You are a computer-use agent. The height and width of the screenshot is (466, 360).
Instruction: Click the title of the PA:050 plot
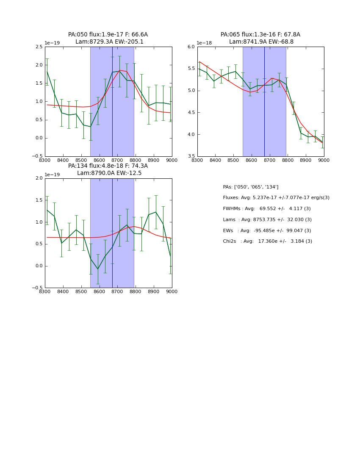(x=108, y=38)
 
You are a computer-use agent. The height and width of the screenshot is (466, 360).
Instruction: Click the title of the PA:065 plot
(x=260, y=38)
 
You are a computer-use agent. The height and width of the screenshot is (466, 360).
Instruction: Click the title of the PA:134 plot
(x=108, y=169)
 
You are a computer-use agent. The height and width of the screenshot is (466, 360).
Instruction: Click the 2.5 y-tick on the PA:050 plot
(x=39, y=47)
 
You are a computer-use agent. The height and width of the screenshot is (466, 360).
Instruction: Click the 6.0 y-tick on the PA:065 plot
(x=191, y=47)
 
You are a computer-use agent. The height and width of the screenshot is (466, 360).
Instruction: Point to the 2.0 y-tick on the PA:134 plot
(x=39, y=178)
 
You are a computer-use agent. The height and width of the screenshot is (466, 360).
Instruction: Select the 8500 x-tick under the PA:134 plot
(x=81, y=291)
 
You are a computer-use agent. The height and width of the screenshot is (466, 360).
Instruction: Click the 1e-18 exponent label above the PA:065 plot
(x=204, y=43)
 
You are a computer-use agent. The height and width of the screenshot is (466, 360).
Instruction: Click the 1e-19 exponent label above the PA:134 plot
(x=52, y=175)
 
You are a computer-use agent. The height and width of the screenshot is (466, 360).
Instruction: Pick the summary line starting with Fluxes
(x=276, y=198)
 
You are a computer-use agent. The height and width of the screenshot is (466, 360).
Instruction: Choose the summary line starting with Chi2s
(x=268, y=241)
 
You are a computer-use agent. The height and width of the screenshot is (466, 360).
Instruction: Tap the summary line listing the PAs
(x=251, y=187)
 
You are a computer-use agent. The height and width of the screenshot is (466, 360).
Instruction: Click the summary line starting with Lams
(x=267, y=220)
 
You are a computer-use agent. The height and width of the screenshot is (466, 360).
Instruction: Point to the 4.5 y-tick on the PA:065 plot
(x=191, y=113)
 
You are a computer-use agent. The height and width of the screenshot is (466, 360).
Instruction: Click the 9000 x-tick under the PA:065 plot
(x=324, y=160)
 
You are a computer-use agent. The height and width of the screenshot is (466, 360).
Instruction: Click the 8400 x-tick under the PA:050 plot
(x=63, y=160)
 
